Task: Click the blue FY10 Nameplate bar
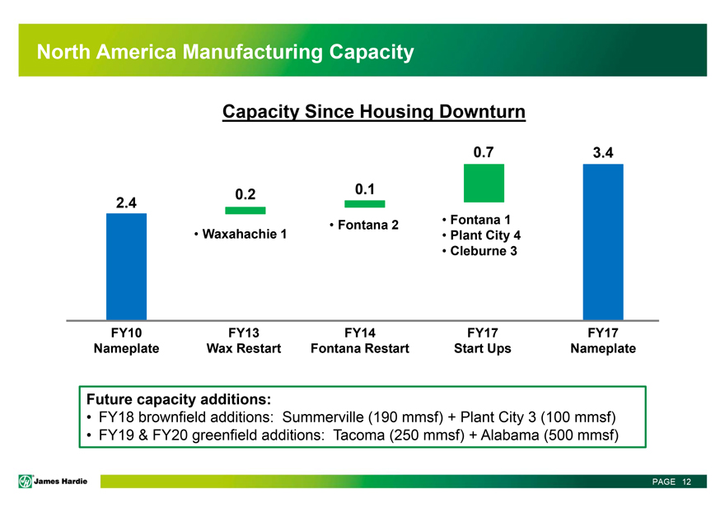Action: tap(126, 266)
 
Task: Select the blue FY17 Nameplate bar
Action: tap(603, 241)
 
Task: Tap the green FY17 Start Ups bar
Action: tap(484, 183)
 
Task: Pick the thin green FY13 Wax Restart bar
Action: tap(245, 211)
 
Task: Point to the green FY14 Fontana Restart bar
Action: tap(365, 204)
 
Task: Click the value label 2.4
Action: tap(126, 202)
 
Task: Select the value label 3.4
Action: tap(603, 153)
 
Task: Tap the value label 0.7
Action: tap(484, 152)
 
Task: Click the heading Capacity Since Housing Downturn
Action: tap(373, 112)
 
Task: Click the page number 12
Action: tap(685, 482)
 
